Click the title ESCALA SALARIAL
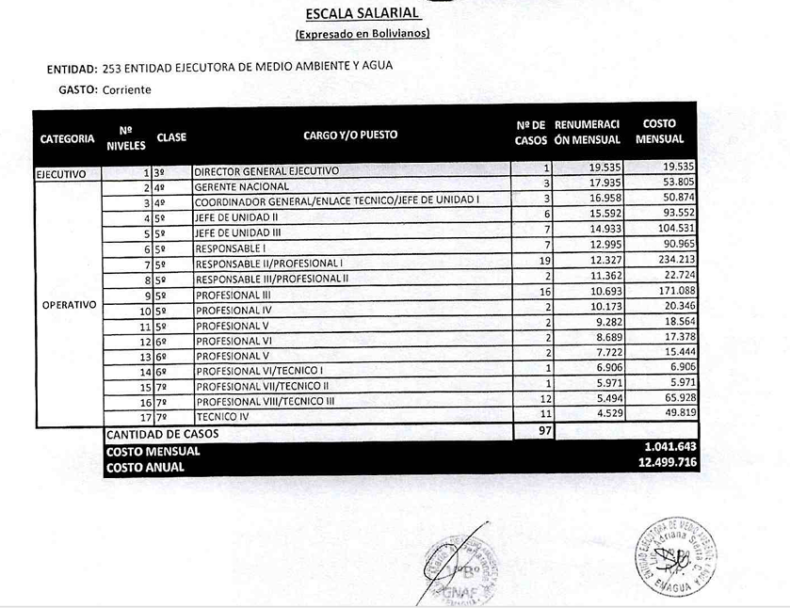tap(363, 15)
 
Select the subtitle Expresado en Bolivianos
tap(363, 35)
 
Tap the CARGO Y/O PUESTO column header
tap(350, 135)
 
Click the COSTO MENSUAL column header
tap(659, 131)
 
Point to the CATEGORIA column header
tap(67, 138)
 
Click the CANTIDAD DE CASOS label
tap(163, 434)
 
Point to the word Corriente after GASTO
tap(127, 89)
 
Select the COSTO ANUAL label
tap(145, 467)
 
